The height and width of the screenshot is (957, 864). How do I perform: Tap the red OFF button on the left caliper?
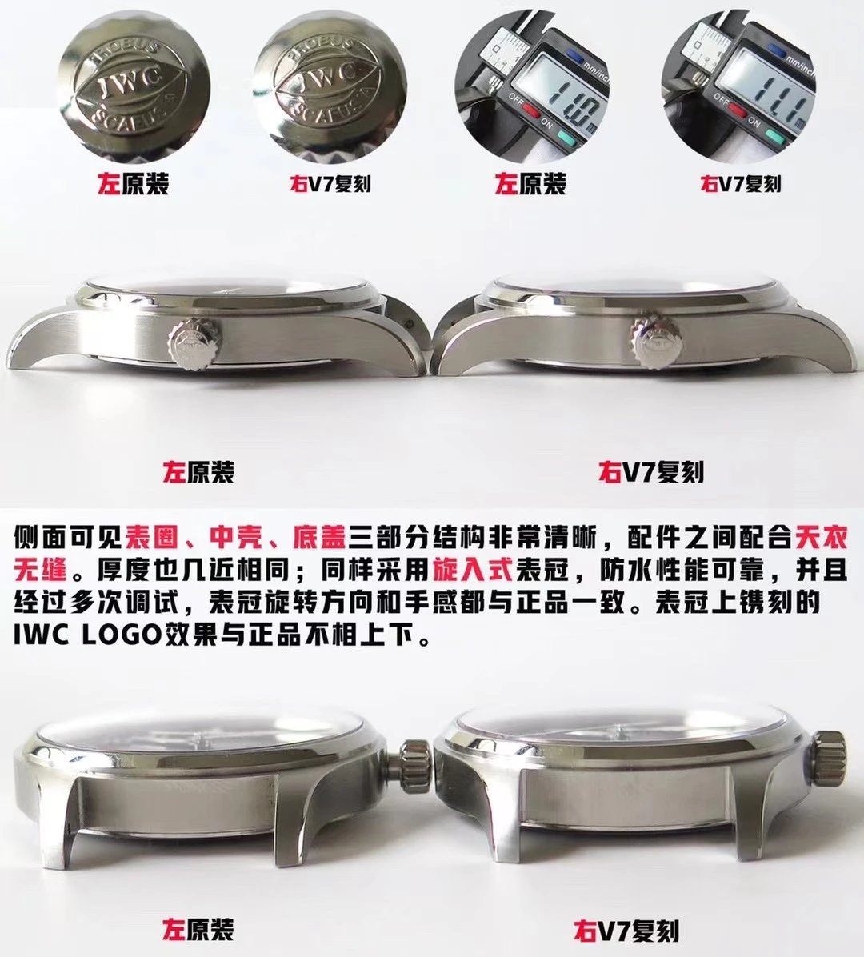(529, 112)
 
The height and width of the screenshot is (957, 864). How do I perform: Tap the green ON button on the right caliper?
(774, 135)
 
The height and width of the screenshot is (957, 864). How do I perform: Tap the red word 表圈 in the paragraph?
(152, 537)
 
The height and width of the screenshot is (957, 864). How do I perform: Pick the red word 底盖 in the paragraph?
(320, 537)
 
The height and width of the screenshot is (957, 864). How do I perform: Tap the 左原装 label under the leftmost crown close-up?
(134, 182)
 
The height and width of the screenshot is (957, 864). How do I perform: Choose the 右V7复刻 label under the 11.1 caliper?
(740, 183)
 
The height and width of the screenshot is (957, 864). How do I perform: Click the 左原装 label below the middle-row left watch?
(198, 471)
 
